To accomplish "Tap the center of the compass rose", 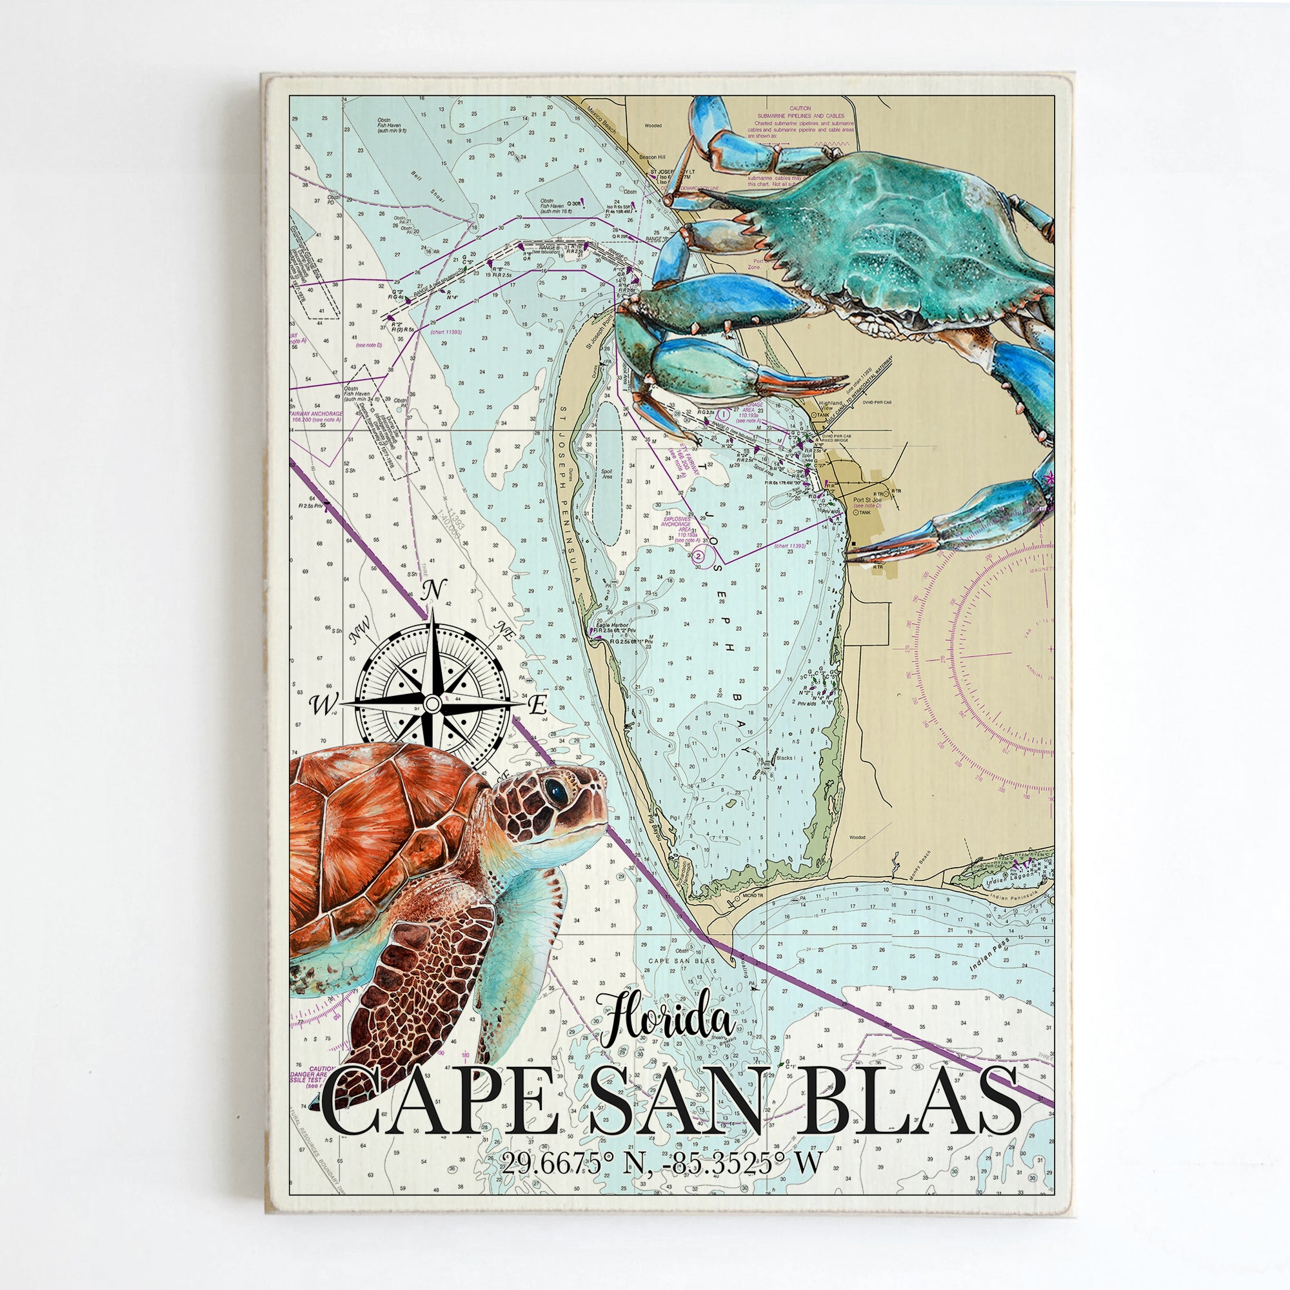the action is tap(432, 704).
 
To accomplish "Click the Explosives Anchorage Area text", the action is tap(681, 528).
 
